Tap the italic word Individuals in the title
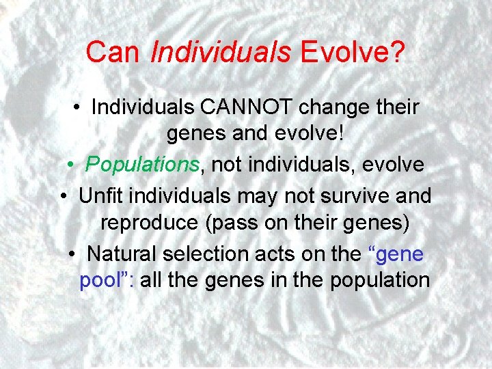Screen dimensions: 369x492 (221, 51)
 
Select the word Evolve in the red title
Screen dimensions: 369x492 (339, 51)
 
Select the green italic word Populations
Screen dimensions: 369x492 (142, 165)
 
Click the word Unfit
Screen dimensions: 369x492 (102, 195)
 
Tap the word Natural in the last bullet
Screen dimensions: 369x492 (123, 254)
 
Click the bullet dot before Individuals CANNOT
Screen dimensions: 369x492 (80, 108)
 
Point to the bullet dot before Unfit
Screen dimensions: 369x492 (67, 196)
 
